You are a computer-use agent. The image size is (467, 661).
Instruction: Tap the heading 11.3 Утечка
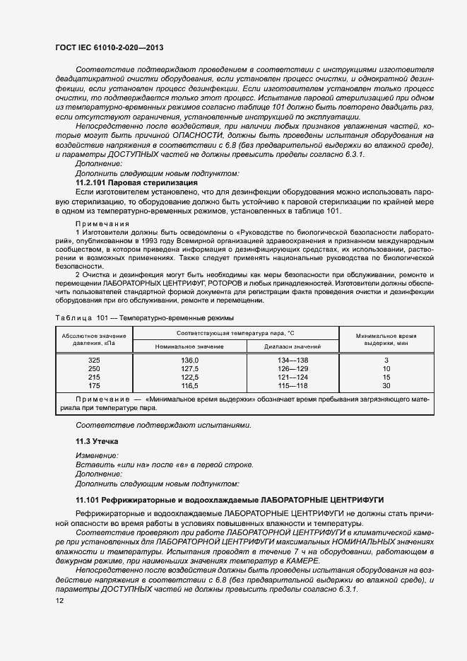(x=98, y=440)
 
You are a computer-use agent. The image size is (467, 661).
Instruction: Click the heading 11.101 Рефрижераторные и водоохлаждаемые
(x=230, y=500)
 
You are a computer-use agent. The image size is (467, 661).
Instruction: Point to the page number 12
(x=59, y=600)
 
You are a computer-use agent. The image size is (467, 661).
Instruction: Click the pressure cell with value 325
(x=94, y=361)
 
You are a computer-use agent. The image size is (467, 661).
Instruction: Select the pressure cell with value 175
(x=94, y=386)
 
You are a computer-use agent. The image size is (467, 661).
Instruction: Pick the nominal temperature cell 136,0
(x=190, y=361)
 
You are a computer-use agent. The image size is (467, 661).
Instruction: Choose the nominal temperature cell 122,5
(x=190, y=378)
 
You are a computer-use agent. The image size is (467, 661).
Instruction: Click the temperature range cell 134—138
(x=292, y=361)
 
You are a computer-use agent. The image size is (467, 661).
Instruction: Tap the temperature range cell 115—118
(x=292, y=386)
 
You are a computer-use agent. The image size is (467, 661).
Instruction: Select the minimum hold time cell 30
(x=386, y=386)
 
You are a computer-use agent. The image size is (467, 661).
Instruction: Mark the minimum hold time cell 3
(x=386, y=361)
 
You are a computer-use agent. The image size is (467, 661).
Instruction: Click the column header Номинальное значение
(x=190, y=346)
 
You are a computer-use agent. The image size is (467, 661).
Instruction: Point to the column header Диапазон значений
(x=292, y=346)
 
